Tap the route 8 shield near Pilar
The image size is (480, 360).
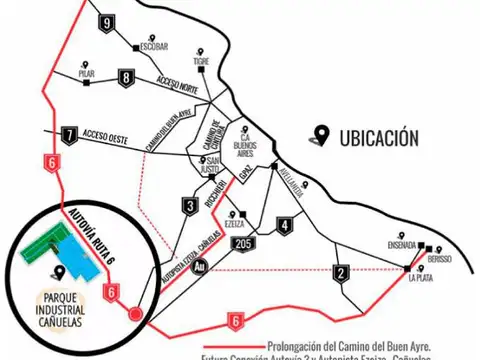pyautogui.click(x=125, y=77)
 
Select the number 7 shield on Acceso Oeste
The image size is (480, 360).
pyautogui.click(x=69, y=135)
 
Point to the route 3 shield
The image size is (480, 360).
pyautogui.click(x=189, y=207)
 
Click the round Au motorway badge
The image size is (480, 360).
pyautogui.click(x=200, y=266)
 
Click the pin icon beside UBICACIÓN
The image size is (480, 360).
pyautogui.click(x=321, y=135)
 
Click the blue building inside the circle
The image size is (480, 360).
pyautogui.click(x=71, y=261)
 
